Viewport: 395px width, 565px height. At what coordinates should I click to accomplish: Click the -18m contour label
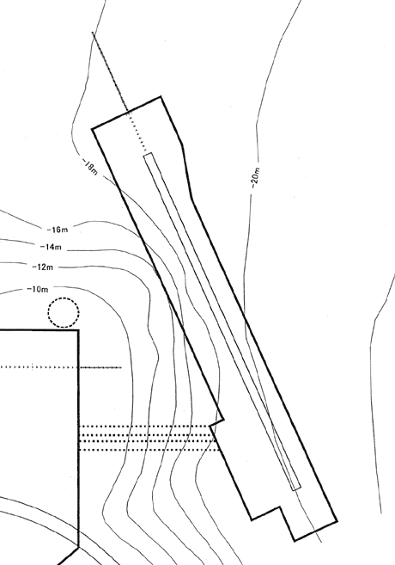90,167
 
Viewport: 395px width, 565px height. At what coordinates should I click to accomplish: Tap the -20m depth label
255,178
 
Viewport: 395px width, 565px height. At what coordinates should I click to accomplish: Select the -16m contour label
58,230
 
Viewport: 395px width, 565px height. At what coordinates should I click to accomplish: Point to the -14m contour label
51,247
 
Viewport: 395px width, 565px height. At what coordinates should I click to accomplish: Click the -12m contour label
42,267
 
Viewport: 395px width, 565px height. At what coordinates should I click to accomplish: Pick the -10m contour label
38,289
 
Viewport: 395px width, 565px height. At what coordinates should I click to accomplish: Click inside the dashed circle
64,312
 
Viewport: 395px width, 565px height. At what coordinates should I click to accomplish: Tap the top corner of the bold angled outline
161,96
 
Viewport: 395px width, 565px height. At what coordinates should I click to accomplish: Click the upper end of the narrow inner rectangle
148,155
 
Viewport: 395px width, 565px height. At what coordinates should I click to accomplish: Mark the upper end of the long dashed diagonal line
93,33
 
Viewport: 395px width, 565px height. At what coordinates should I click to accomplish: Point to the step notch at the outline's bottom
280,507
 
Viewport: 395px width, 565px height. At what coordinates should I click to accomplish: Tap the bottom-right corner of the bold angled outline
337,520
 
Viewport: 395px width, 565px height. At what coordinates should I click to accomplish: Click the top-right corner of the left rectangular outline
78,330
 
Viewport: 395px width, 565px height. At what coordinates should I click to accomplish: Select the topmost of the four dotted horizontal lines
144,427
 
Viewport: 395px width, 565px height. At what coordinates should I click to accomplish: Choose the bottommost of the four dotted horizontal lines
149,450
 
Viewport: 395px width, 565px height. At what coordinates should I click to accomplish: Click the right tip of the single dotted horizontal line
121,367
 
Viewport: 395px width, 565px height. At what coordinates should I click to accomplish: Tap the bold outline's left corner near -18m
93,128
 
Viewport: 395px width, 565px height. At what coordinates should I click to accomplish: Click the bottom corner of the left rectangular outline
78,547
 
